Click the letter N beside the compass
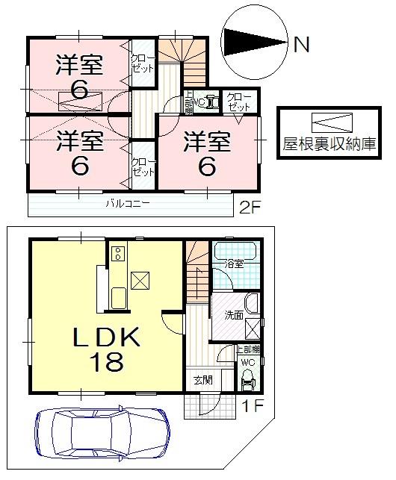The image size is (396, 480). (x=301, y=46)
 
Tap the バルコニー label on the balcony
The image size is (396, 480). (x=128, y=203)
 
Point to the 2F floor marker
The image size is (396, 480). (x=250, y=205)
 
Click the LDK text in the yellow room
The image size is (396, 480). (x=105, y=338)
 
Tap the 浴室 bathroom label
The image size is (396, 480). (x=235, y=263)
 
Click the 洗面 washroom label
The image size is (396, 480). (x=234, y=316)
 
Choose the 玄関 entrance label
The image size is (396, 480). (x=202, y=380)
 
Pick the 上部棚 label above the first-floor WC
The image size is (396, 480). (x=247, y=349)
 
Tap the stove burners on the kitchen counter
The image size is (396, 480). (x=117, y=253)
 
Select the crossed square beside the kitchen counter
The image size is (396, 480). (x=140, y=280)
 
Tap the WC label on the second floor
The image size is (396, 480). (x=199, y=102)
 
